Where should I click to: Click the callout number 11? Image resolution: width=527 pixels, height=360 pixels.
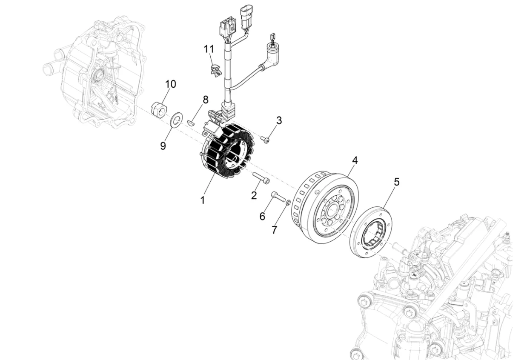coord(209,49)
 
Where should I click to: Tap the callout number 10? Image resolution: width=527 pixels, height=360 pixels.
coord(171,84)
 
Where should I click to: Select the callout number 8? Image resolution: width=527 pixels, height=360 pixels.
coord(205,100)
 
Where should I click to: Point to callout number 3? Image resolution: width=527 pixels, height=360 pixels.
coord(279,120)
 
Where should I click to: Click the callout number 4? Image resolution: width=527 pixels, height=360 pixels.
coord(355,160)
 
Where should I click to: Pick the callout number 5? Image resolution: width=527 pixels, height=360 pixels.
coord(397,182)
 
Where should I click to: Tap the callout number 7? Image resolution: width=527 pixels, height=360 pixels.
coord(274,230)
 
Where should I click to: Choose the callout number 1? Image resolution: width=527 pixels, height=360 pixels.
coord(202,200)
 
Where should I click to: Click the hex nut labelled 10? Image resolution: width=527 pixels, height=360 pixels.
coord(159,109)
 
